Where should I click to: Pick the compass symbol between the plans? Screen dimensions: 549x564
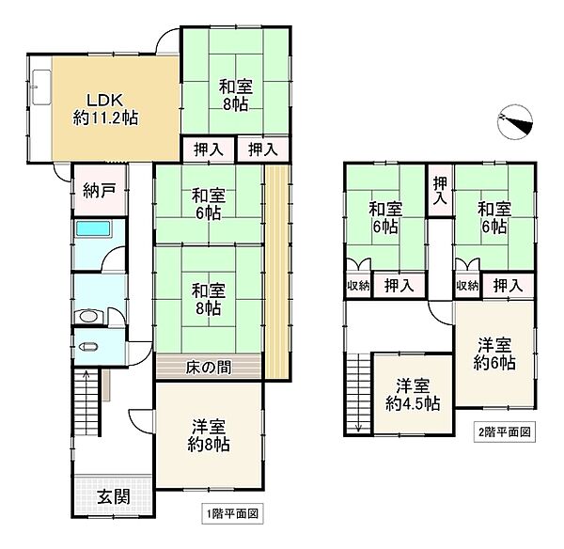(x=516, y=121)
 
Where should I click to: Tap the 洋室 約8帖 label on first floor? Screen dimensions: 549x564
(x=209, y=434)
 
